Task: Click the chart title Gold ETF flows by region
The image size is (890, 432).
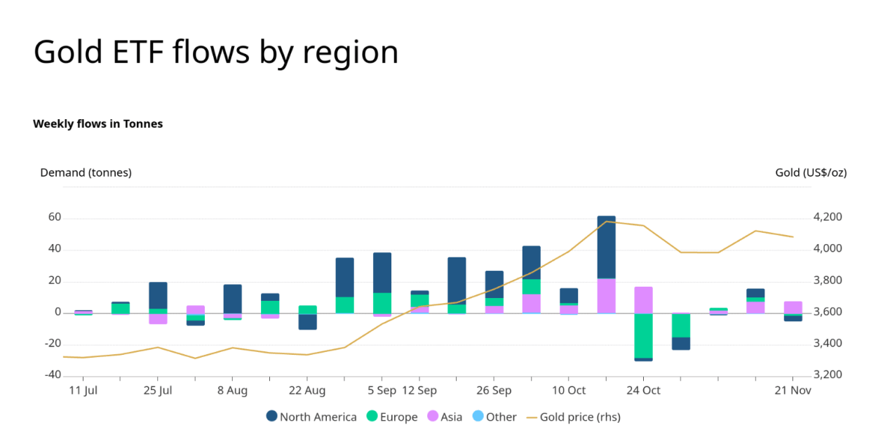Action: pos(216,52)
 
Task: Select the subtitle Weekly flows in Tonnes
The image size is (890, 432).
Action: pos(97,124)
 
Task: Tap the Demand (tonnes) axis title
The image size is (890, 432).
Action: pos(86,173)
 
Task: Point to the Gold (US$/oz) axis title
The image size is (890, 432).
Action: pos(811,173)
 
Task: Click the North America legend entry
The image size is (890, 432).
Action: pos(311,417)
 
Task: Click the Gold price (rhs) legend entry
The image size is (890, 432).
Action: pos(573,417)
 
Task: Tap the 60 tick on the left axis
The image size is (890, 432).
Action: pos(55,217)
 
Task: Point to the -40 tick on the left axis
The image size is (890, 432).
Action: pos(52,374)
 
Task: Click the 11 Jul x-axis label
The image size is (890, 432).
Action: pos(83,391)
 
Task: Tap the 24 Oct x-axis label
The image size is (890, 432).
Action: pos(643,391)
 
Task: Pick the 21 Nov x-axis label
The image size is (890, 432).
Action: pos(793,391)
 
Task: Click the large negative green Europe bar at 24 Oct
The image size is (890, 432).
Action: pos(643,335)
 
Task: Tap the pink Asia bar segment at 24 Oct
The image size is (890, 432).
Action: pos(643,299)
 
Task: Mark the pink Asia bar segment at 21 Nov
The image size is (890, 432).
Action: pos(793,307)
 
